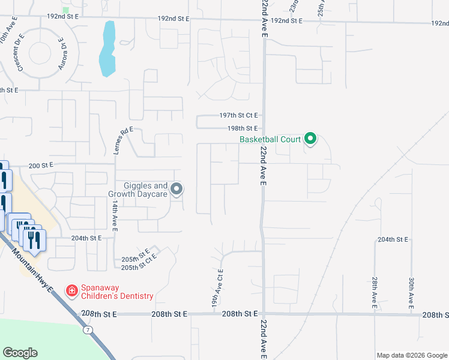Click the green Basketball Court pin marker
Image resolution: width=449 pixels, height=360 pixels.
click(310, 139)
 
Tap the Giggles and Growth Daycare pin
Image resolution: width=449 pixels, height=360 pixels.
click(176, 190)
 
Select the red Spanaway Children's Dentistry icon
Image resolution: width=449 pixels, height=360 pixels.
click(71, 291)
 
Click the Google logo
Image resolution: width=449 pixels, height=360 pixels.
click(20, 353)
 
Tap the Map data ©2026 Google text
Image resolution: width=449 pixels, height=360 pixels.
click(411, 355)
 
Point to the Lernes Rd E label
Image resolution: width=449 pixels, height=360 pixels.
click(122, 140)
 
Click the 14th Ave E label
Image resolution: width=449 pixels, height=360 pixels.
click(115, 214)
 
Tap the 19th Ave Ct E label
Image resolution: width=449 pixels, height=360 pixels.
click(217, 289)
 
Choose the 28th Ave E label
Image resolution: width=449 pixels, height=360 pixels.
click(374, 293)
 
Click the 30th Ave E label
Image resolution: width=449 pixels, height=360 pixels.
click(411, 293)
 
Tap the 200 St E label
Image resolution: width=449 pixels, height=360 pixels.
click(41, 164)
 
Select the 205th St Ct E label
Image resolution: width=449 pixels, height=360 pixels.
click(139, 262)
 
